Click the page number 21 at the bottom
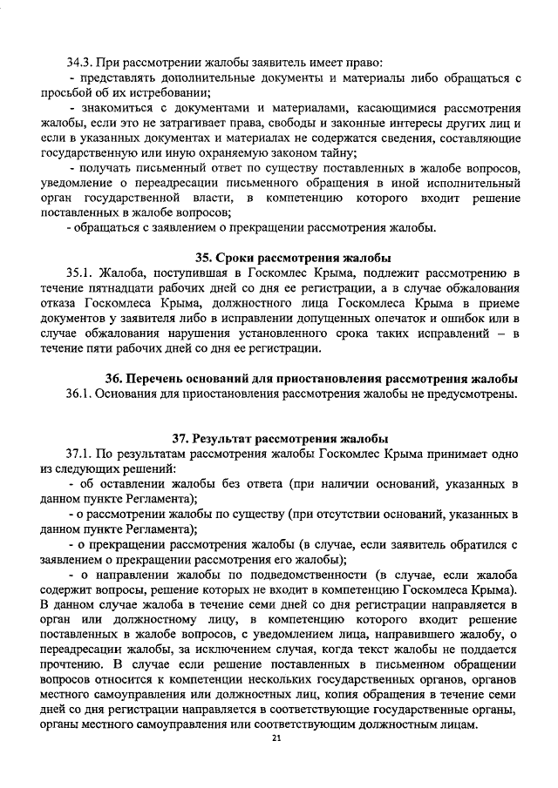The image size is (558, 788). pyautogui.click(x=276, y=738)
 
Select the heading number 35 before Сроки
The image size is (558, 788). pyautogui.click(x=202, y=257)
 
